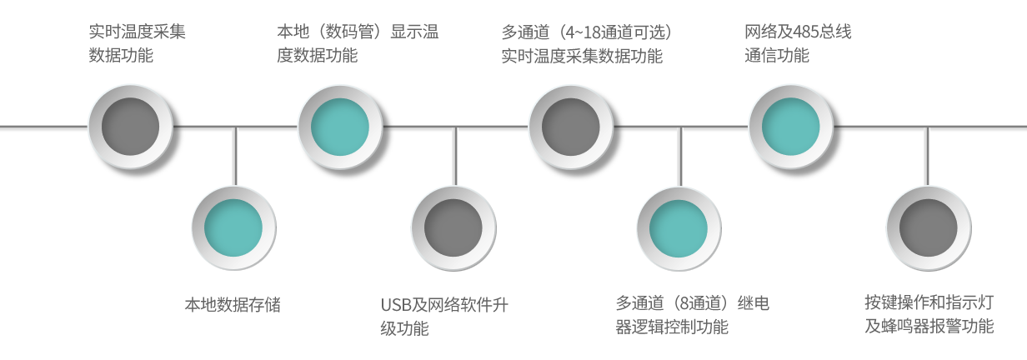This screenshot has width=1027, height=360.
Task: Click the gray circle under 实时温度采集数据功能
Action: [130, 127]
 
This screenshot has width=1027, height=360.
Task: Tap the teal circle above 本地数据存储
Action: [233, 227]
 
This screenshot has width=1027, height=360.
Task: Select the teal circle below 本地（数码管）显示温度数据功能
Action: [340, 127]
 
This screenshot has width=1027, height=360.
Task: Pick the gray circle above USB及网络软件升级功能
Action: [453, 227]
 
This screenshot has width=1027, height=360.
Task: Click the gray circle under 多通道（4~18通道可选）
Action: [571, 127]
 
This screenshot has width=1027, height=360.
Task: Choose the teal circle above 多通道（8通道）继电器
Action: [679, 227]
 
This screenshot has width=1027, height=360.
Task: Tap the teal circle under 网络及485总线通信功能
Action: [791, 127]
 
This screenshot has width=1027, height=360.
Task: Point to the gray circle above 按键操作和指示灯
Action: [928, 227]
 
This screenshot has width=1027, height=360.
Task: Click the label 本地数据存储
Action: [233, 305]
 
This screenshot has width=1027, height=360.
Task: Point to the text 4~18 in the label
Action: [580, 32]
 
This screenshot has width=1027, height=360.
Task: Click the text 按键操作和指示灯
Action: [929, 302]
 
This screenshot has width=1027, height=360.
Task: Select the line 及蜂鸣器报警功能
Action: [929, 327]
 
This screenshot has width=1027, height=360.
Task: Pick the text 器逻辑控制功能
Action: [672, 327]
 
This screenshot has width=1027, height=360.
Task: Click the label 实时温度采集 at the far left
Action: [138, 32]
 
